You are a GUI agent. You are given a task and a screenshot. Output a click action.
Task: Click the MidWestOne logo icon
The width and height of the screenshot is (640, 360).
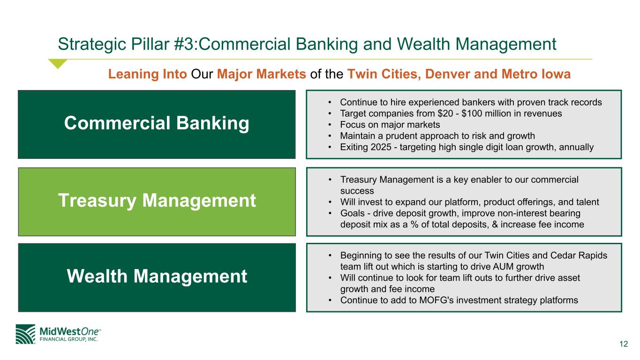[25, 334]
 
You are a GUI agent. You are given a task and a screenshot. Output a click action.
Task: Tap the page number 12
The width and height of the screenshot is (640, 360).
[624, 344]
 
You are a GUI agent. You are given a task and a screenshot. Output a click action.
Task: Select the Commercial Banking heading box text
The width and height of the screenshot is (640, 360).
[157, 123]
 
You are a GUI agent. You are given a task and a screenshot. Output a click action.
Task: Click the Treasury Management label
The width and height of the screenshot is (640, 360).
[157, 201]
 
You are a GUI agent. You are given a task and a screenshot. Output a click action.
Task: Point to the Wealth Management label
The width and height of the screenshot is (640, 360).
[157, 276]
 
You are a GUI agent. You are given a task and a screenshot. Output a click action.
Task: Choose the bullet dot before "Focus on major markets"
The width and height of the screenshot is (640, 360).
[330, 125]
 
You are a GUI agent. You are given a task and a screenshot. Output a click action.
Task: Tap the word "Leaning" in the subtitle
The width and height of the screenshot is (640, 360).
[133, 74]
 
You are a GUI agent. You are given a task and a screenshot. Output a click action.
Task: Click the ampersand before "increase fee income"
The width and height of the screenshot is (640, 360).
[495, 225]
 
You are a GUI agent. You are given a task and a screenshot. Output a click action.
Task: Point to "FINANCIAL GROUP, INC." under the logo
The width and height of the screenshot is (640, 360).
[68, 339]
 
